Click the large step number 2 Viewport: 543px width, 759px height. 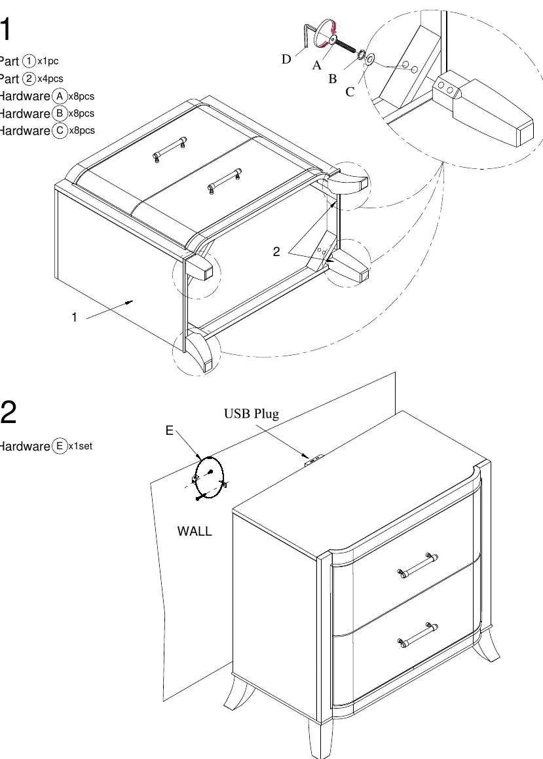8,413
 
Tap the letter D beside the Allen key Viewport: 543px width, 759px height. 286,59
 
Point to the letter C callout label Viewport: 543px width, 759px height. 350,92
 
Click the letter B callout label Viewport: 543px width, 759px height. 333,79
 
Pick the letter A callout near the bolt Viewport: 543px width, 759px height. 316,65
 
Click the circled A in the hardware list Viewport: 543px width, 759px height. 60,96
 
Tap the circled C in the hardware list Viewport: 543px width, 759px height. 60,130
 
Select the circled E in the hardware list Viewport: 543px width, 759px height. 60,446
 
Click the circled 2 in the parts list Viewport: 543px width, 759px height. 29,79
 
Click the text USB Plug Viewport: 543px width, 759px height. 251,414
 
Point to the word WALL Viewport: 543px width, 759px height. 195,531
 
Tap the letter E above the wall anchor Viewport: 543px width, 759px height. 169,430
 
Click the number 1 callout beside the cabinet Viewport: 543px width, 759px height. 74,317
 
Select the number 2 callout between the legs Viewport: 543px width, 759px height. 276,251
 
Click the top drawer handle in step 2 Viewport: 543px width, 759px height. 418,565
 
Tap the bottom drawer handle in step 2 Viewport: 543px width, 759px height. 418,635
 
